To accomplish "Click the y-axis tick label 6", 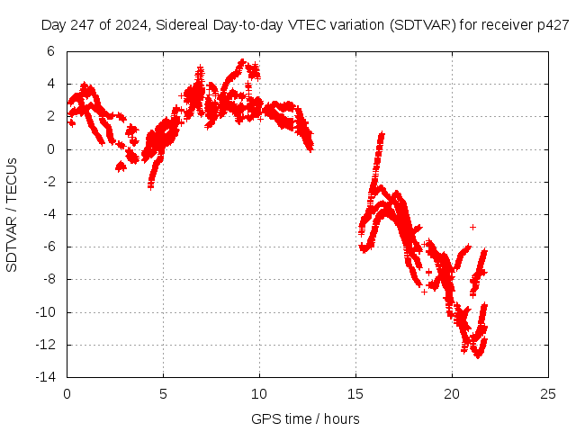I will click(50, 51).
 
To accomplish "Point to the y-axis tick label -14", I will click(45, 377).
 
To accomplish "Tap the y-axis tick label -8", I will click(48, 280).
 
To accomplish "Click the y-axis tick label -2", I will click(48, 182).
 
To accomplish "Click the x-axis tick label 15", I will click(355, 393).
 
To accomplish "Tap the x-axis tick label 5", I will click(163, 393).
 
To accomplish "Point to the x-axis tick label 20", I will click(452, 393).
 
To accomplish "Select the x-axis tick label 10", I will click(259, 393).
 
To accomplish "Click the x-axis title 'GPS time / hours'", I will click(305, 418).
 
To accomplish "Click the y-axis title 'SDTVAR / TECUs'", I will click(13, 214).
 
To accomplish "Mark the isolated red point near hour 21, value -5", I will click(472, 227).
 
